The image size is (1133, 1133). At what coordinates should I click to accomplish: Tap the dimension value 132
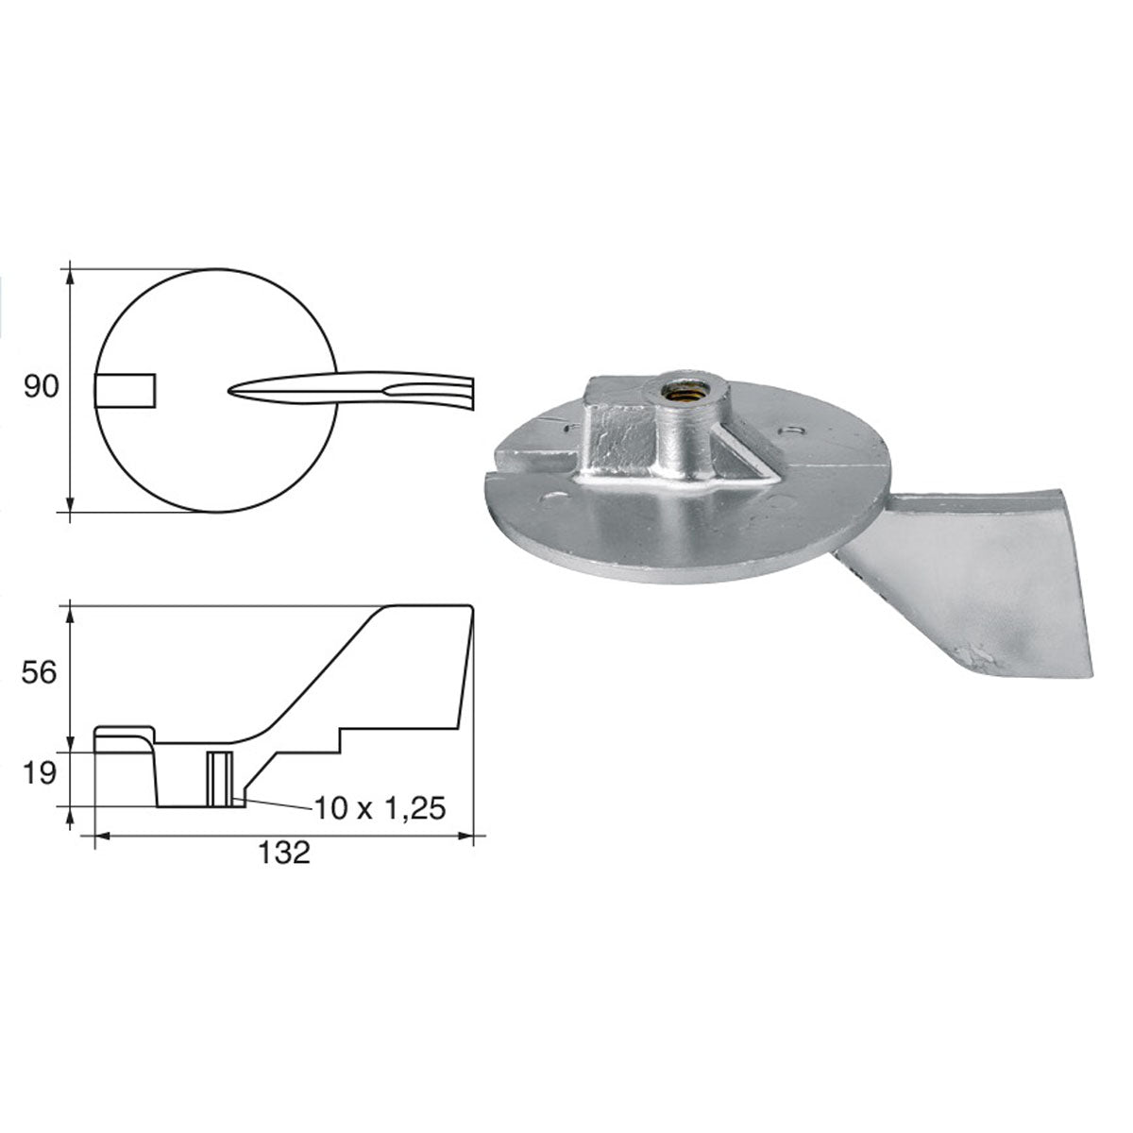pos(283,853)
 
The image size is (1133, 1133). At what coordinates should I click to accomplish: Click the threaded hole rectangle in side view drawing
pos(219,779)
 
